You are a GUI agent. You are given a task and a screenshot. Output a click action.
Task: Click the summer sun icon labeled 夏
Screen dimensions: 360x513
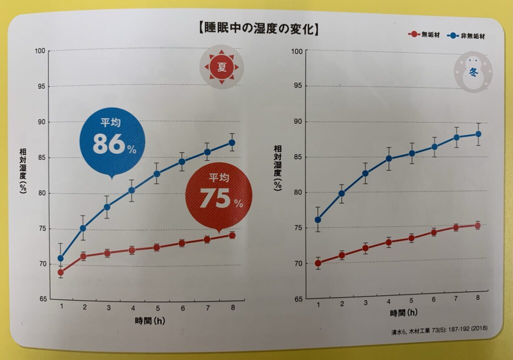point(221,67)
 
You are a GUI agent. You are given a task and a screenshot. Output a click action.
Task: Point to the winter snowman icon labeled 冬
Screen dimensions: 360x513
point(472,72)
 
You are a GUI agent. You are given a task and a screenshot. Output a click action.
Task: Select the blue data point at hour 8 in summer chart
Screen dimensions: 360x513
point(232,143)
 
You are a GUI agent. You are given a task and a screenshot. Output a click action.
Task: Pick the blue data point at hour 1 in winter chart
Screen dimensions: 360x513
point(318,219)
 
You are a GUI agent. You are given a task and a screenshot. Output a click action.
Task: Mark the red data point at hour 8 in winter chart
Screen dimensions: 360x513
point(477,225)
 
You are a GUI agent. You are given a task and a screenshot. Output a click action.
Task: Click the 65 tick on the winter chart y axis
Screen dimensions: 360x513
point(298,298)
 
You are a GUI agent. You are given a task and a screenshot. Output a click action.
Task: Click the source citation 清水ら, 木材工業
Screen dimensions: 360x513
point(439,330)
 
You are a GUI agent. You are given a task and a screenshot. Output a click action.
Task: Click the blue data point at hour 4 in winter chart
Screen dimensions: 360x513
point(389,159)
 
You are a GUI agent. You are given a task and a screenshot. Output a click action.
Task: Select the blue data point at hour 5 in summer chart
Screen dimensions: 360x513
point(157,174)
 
